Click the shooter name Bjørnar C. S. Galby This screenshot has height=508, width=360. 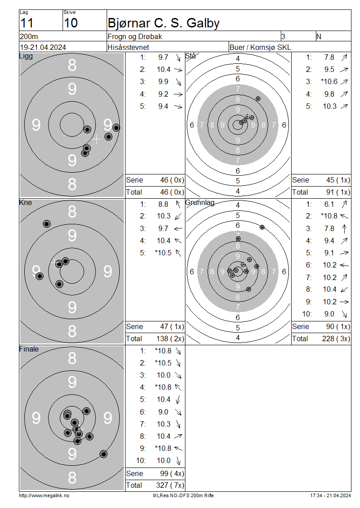pyautogui.click(x=163, y=23)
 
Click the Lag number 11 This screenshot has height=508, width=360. pyautogui.click(x=27, y=23)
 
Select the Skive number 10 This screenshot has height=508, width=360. pyautogui.click(x=71, y=23)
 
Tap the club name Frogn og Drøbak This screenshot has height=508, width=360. pyautogui.click(x=135, y=36)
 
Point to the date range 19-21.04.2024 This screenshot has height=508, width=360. pyautogui.click(x=43, y=47)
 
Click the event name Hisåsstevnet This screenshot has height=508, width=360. pyautogui.click(x=128, y=47)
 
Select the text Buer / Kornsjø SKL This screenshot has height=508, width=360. pyautogui.click(x=260, y=47)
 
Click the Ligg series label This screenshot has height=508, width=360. pyautogui.click(x=26, y=56)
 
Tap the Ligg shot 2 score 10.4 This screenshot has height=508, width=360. pyautogui.click(x=164, y=69)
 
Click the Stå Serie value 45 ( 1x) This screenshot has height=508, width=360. pyautogui.click(x=338, y=180)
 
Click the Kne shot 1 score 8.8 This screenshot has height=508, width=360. pyautogui.click(x=163, y=205)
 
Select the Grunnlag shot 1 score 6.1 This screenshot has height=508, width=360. pyautogui.click(x=329, y=205)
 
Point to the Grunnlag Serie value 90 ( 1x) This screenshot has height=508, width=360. pyautogui.click(x=338, y=326)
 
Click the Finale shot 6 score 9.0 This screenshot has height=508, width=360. pyautogui.click(x=163, y=412)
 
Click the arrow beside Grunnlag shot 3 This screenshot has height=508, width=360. pyautogui.click(x=344, y=229)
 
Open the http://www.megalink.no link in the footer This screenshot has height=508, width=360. pyautogui.click(x=44, y=495)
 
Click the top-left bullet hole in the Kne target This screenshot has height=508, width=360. pyautogui.click(x=47, y=224)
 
